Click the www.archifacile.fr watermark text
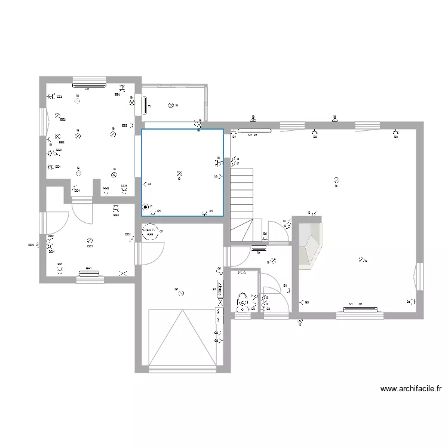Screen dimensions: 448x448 410,389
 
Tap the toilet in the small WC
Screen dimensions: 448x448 243,302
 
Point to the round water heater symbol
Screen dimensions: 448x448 149,231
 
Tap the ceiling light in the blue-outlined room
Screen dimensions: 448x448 179,173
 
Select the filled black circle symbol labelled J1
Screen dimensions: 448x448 145,208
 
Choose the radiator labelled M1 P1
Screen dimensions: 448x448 254,130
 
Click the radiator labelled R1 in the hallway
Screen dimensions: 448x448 259,248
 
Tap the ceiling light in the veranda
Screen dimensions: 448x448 171,106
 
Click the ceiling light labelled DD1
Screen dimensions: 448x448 89,238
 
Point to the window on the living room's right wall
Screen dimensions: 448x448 419,277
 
